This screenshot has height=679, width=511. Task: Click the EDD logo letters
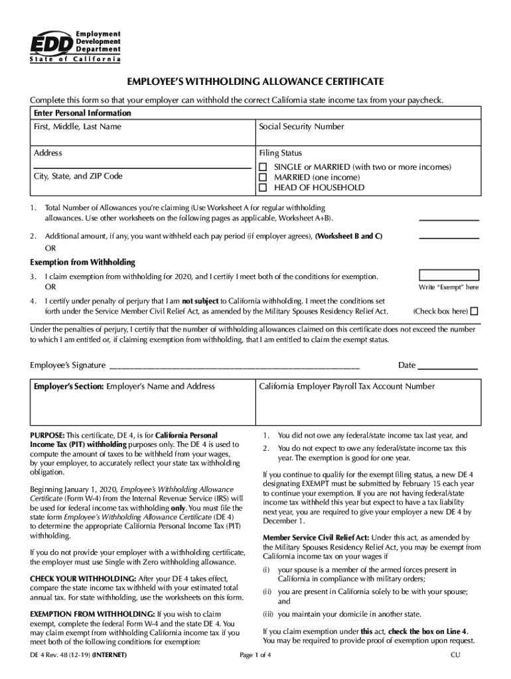coord(50,43)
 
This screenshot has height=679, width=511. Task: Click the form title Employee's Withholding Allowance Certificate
coord(256,82)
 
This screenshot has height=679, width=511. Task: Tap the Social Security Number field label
coord(301,127)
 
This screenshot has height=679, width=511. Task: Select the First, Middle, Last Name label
coord(77,127)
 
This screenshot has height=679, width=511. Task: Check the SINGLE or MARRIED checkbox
coord(263,167)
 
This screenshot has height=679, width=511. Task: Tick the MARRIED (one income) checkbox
coord(263,178)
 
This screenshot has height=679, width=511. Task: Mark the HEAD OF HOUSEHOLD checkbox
coord(263,188)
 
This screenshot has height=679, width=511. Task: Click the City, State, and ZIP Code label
coord(78,176)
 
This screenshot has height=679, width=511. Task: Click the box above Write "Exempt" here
coord(449,275)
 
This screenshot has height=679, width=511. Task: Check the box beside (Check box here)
coord(474,311)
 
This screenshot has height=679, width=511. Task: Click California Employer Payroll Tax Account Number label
coord(346,387)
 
